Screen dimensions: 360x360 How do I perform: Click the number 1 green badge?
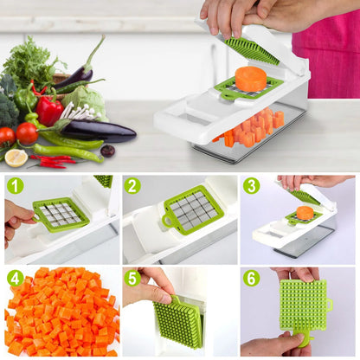click(x=15, y=185)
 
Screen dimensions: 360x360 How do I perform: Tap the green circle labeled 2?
click(x=132, y=185)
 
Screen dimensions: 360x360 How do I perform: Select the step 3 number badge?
click(x=251, y=185)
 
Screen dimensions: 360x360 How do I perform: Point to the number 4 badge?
click(x=15, y=278)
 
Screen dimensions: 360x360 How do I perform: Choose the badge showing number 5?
click(x=132, y=278)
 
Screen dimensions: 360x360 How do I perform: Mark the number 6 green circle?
click(x=251, y=278)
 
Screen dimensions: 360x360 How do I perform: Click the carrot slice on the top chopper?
click(x=250, y=78)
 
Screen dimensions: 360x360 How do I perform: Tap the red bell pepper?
click(x=49, y=110)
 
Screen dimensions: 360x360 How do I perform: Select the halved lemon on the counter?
click(x=16, y=157)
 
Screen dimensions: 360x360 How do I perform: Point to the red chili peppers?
click(x=54, y=161)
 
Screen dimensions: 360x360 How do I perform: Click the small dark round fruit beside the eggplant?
click(x=107, y=151)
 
